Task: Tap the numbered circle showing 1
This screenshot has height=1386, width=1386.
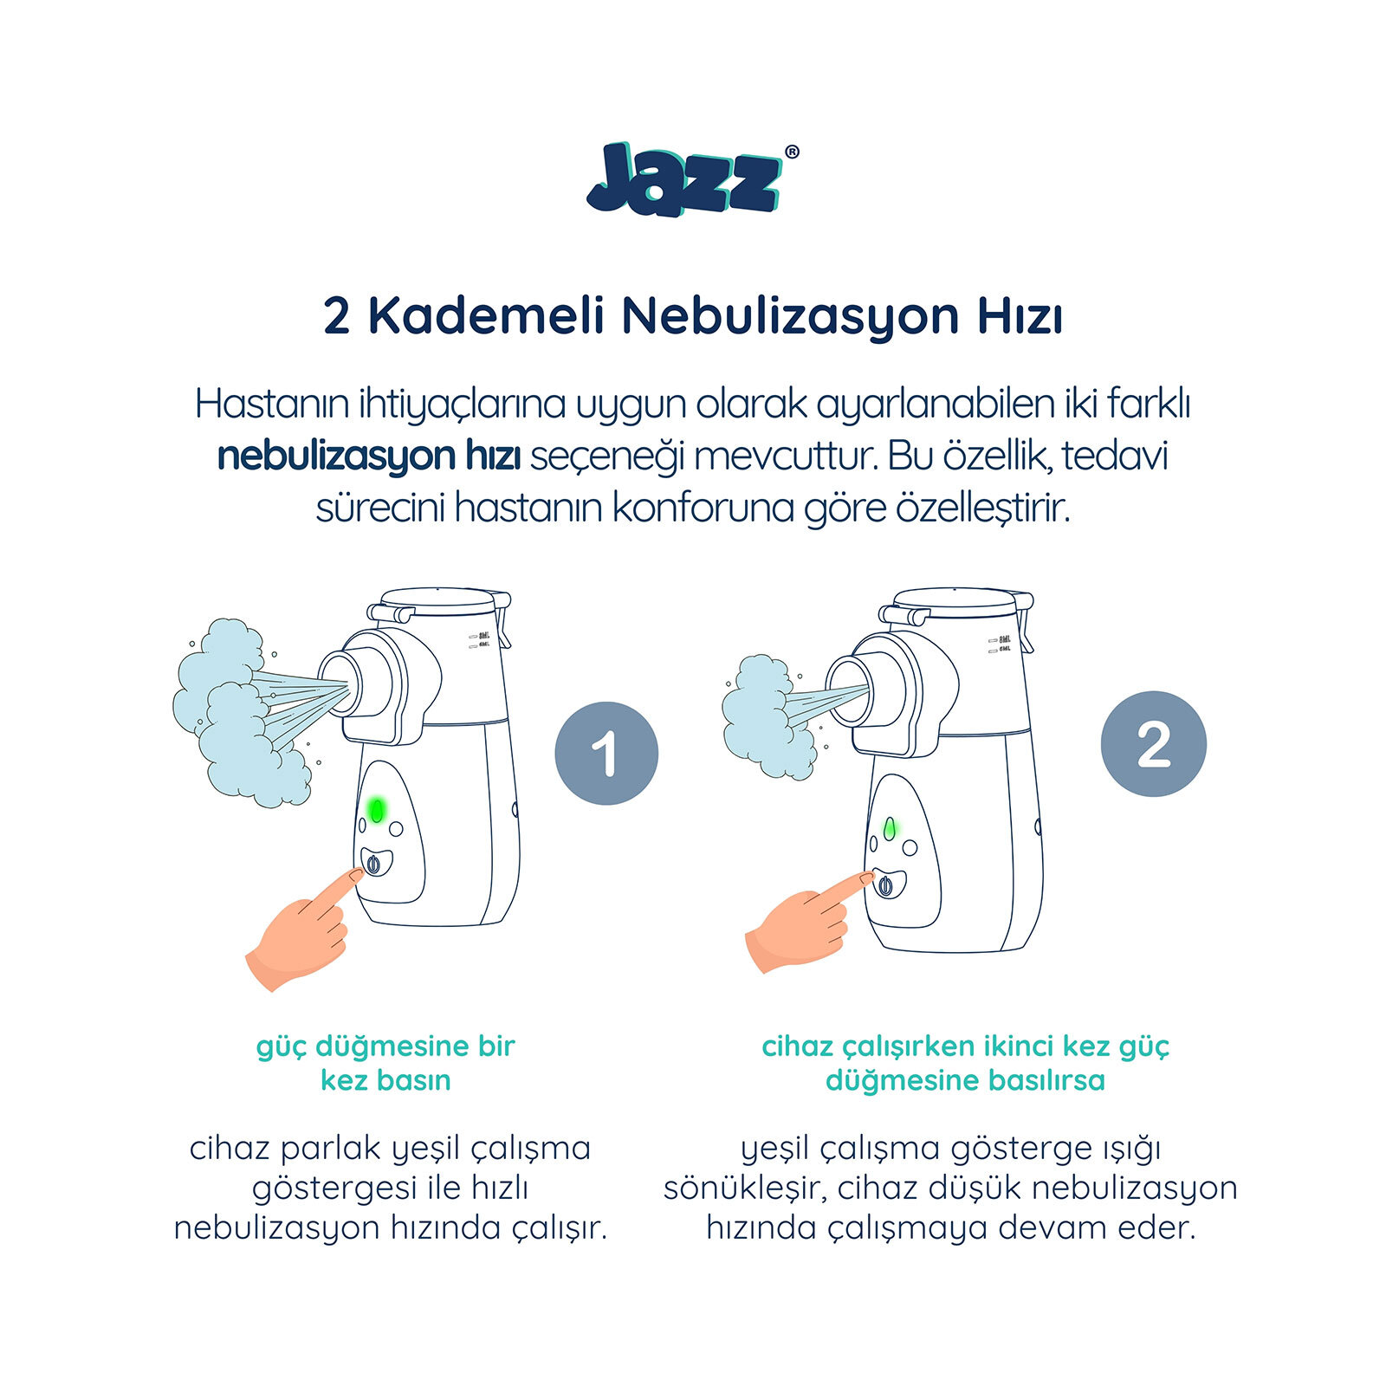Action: point(606,753)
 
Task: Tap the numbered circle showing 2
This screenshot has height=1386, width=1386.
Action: point(1153,743)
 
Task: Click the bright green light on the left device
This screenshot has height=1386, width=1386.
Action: point(377,810)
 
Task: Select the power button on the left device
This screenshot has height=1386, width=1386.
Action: point(373,864)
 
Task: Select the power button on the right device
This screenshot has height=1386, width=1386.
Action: point(885,885)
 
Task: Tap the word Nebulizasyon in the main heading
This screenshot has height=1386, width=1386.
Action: point(789,316)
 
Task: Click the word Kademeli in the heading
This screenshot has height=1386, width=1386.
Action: point(485,316)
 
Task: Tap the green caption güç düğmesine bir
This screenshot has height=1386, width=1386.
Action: point(385,1046)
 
